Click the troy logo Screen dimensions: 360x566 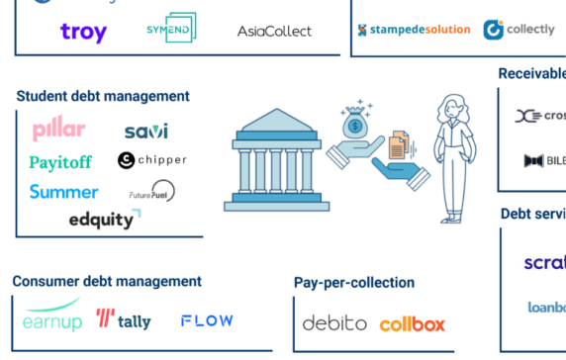83,32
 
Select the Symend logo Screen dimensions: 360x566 169,29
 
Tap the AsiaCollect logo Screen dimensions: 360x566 274,31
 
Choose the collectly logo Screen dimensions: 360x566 519,30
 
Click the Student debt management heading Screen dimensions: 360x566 102,96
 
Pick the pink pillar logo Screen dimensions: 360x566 58,130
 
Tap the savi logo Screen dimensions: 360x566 145,131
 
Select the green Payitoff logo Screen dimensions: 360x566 62,161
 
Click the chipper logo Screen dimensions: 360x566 151,160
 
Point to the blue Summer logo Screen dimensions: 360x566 63,192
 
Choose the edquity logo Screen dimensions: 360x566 104,220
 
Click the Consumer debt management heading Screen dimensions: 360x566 107,282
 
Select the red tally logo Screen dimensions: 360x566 124,319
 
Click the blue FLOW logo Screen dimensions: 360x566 207,320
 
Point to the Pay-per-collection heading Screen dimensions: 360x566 354,283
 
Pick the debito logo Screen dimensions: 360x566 334,323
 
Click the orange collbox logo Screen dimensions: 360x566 413,324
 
